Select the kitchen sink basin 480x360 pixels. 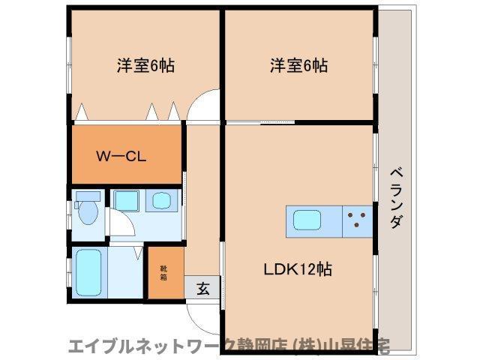pos(308,220)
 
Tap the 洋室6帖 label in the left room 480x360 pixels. pos(145,65)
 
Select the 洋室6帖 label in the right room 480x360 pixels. pos(298,65)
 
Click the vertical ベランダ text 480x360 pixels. pos(395,198)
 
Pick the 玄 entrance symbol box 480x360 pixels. pos(203,287)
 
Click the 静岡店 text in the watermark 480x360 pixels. pos(259,346)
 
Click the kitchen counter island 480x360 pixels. pos(330,220)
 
